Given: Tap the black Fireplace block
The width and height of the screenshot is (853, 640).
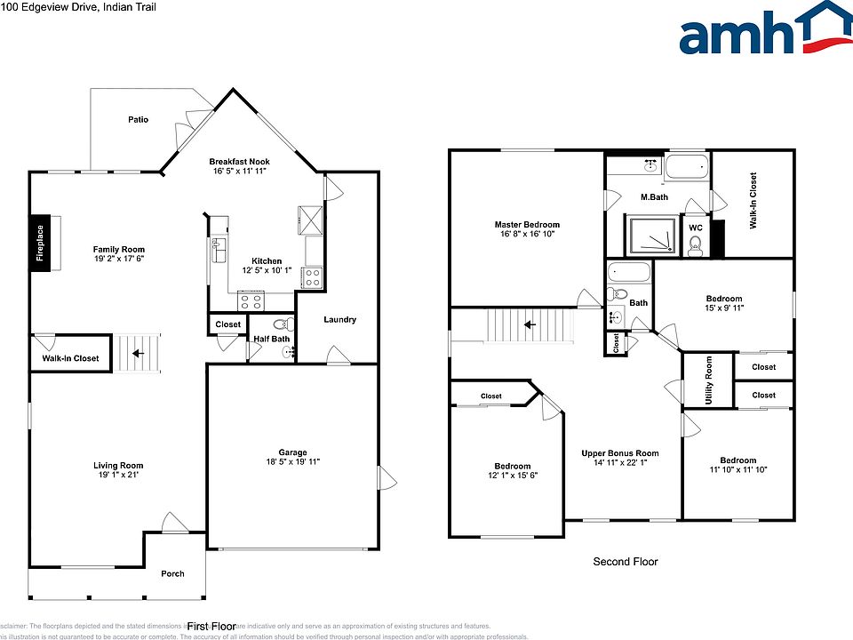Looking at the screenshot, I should pos(40,241).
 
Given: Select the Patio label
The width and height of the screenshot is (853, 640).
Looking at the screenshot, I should pos(138,119).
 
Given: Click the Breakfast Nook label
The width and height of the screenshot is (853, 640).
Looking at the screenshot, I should pos(238,161).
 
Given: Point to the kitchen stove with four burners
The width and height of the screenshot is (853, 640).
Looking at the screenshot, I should pos(312,278).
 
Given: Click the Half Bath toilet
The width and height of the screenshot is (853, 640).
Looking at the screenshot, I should pos(283,324).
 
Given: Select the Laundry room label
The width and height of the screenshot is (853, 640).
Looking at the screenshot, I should pos(339,319).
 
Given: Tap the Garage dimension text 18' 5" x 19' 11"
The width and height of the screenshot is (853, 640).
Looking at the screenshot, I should pos(293,461).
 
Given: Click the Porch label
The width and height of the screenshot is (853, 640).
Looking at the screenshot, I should pos(172,573).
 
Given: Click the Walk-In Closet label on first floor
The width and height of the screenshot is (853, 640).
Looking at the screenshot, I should pos(71,358).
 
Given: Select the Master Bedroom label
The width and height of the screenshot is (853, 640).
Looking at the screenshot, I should pos(527,225).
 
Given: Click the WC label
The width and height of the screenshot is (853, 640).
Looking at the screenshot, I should pos(696,228).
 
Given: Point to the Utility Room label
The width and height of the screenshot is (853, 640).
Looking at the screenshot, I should pos(708,380).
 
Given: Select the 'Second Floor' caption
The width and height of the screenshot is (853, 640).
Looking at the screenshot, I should pos(626,562).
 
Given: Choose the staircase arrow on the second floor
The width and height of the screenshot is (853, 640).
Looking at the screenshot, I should pos(530,324).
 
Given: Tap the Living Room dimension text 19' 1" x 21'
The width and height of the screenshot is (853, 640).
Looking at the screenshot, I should pos(118,476).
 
